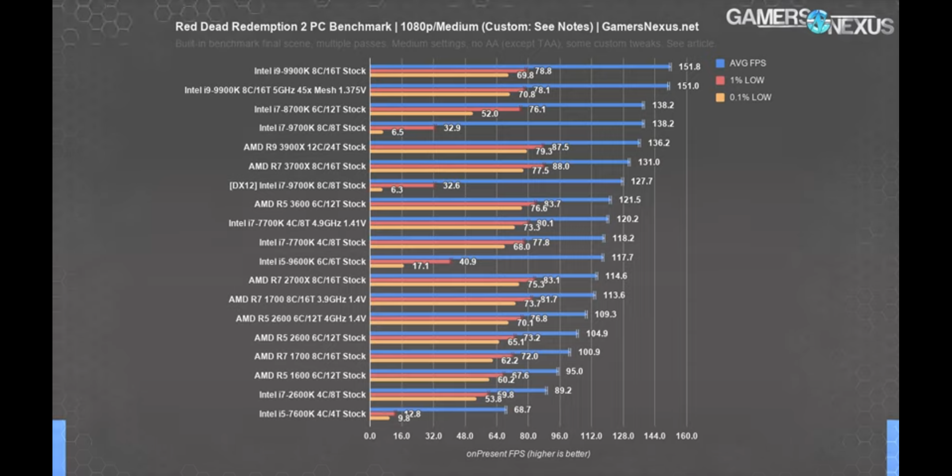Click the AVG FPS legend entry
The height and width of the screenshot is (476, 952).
coord(747,63)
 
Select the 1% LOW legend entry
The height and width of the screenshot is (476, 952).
coord(746,80)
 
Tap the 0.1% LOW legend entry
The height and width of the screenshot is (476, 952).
coord(750,97)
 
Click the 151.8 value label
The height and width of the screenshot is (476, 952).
coord(689,67)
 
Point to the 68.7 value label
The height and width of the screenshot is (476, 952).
coord(522,410)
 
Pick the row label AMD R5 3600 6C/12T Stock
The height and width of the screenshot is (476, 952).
coord(310,204)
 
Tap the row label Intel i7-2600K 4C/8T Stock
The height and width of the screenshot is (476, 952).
coord(312,395)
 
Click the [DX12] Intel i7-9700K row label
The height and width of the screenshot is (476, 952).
coord(297,186)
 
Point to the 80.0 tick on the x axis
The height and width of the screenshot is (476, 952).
coord(528,436)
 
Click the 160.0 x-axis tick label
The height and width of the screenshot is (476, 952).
coord(686,436)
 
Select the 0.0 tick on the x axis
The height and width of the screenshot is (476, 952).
coord(370,436)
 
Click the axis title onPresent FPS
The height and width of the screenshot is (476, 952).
coord(528,454)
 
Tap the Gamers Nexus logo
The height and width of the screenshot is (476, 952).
coord(810,21)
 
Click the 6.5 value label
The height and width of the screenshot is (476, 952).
coord(397,132)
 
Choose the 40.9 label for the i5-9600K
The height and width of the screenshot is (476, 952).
coord(467,262)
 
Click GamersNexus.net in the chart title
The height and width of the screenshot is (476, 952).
coord(650,27)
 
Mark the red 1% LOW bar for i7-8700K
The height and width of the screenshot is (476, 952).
coord(445,109)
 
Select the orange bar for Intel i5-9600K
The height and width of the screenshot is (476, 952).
coord(387,266)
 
